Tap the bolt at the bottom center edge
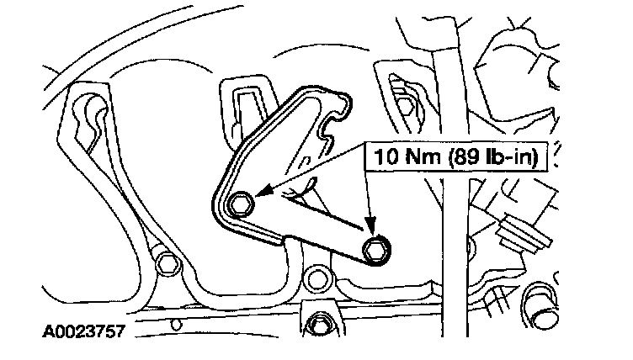(318, 325)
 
